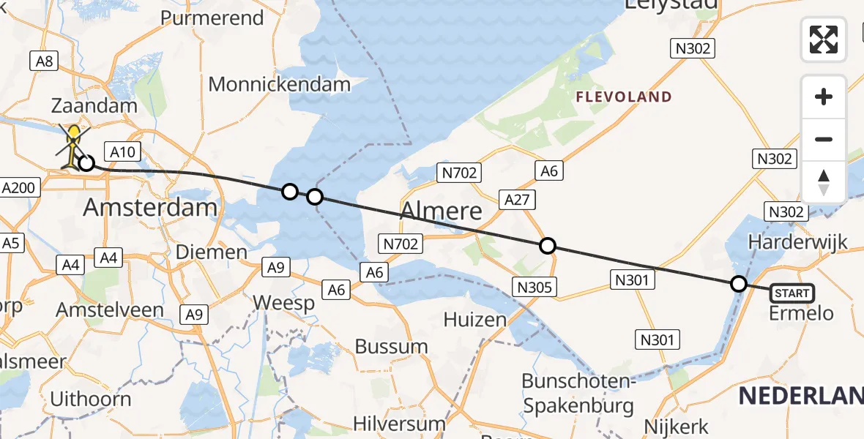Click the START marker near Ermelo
(792, 293)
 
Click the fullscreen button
(824, 39)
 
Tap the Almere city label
(442, 212)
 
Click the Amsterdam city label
(150, 207)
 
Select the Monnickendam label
(279, 84)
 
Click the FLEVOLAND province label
(623, 97)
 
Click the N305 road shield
(535, 288)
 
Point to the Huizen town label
(474, 319)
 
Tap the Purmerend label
(212, 18)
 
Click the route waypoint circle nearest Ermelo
(739, 284)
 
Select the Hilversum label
(399, 423)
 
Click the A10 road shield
(122, 151)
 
